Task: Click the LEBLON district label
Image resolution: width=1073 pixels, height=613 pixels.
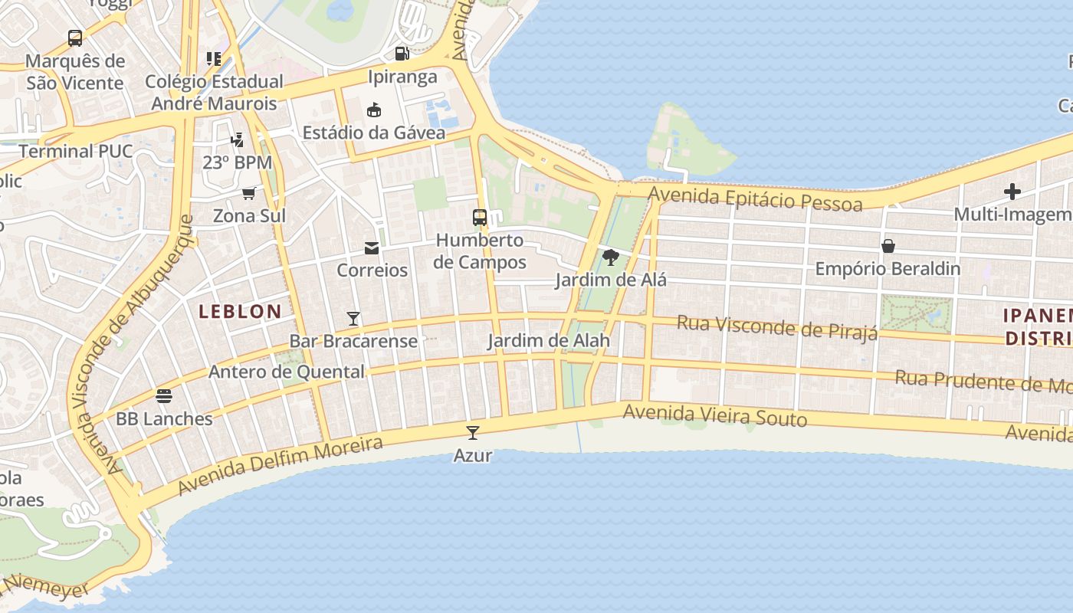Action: (x=240, y=311)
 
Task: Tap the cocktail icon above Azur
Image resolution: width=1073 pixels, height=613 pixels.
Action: (x=472, y=432)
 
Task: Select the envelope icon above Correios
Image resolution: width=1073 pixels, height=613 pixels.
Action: (x=372, y=247)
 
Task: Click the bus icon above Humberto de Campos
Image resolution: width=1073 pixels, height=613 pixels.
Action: (x=480, y=218)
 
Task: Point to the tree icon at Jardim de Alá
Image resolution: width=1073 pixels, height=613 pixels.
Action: (x=610, y=257)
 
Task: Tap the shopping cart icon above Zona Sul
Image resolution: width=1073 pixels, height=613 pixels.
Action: (x=248, y=193)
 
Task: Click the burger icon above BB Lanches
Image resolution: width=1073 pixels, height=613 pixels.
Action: (x=163, y=396)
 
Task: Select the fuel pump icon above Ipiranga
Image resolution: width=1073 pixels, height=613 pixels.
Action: (x=402, y=54)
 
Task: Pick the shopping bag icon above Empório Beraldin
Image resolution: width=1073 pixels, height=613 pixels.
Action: (x=888, y=246)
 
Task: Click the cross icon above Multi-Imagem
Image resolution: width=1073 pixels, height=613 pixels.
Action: (x=1012, y=192)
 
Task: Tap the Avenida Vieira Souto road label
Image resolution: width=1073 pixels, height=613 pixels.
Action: (x=714, y=415)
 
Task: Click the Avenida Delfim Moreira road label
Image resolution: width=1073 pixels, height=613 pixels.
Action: (x=280, y=465)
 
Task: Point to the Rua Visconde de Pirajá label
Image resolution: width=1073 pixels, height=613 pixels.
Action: (x=776, y=327)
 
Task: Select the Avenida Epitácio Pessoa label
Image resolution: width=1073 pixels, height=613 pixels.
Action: (x=755, y=198)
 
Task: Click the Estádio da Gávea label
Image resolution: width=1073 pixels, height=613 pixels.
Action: (x=373, y=133)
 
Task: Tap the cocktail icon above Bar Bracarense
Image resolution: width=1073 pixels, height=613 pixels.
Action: (x=353, y=318)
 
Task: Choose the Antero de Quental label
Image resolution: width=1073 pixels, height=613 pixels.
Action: (x=287, y=372)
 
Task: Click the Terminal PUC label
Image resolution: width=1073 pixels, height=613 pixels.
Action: (x=75, y=151)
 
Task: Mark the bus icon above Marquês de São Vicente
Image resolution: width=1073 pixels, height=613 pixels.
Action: (x=75, y=38)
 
